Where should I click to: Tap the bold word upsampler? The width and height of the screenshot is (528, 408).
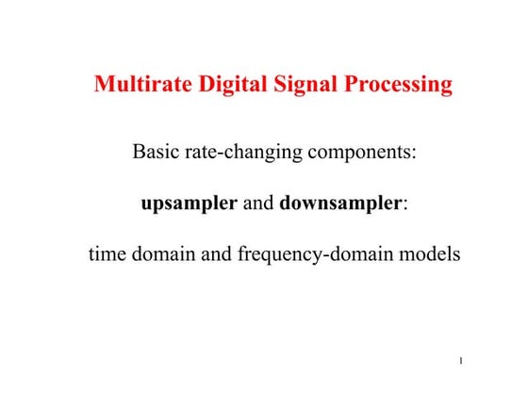coord(189,204)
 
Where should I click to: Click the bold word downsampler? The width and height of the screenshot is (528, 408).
coord(340,204)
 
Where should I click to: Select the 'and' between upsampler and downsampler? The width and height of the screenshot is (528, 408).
coord(258,204)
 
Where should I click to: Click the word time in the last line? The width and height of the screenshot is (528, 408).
coord(107,254)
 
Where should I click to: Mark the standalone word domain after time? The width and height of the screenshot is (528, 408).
coord(161,254)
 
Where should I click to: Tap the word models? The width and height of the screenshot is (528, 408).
coord(430,254)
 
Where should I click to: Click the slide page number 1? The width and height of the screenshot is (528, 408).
coord(459,361)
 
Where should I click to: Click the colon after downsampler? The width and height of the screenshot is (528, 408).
coord(405,205)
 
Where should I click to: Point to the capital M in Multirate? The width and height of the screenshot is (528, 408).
coord(105,85)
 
